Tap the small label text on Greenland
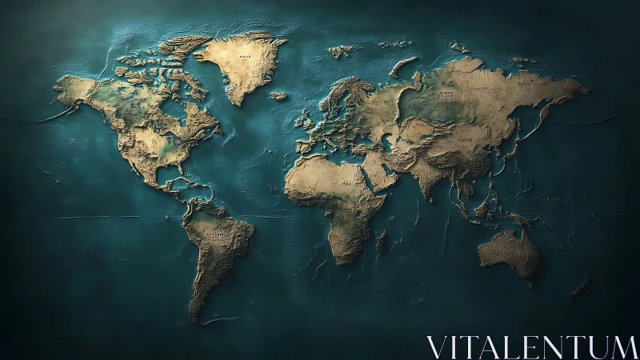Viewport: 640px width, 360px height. pos(244,58)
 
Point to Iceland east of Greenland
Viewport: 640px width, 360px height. pos(278,96)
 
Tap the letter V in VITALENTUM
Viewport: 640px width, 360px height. pos(437,347)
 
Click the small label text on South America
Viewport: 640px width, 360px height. pos(214,235)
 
